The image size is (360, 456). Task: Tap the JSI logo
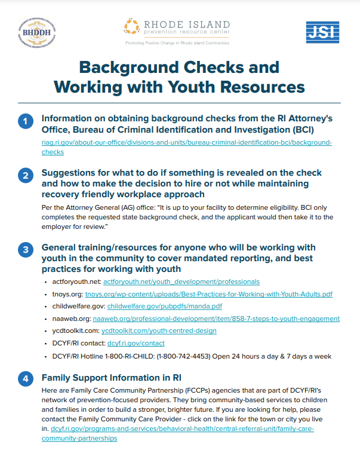322,32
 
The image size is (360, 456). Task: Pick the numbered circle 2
24,176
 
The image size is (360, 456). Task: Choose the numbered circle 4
24,379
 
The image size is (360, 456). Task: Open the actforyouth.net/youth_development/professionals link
181,281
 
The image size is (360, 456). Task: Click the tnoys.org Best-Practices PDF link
217,294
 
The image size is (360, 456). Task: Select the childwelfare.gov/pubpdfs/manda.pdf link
165,306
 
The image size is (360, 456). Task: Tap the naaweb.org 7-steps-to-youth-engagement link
221,319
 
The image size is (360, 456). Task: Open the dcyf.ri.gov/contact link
136,343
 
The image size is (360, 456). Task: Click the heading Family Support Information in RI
112,378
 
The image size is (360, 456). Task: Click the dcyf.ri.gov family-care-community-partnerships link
183,429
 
